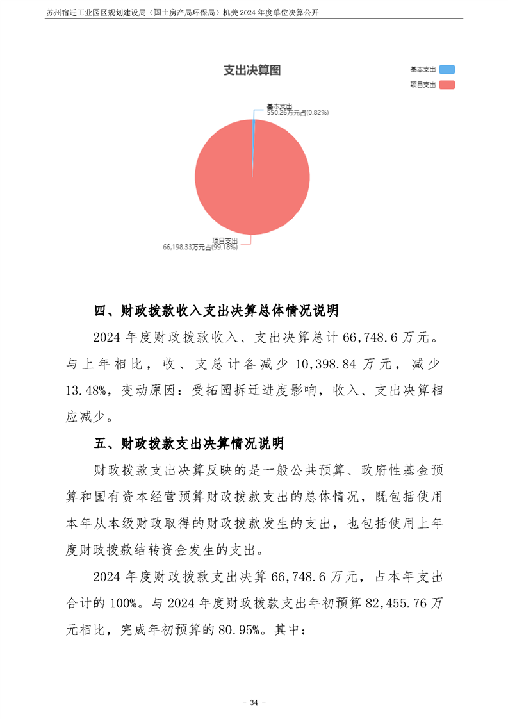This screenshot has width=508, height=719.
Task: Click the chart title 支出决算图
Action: click(252, 70)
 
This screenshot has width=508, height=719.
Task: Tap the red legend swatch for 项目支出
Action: click(447, 85)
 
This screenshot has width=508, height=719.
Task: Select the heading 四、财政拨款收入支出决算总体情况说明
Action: click(217, 311)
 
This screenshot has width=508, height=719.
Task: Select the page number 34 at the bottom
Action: click(254, 703)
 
